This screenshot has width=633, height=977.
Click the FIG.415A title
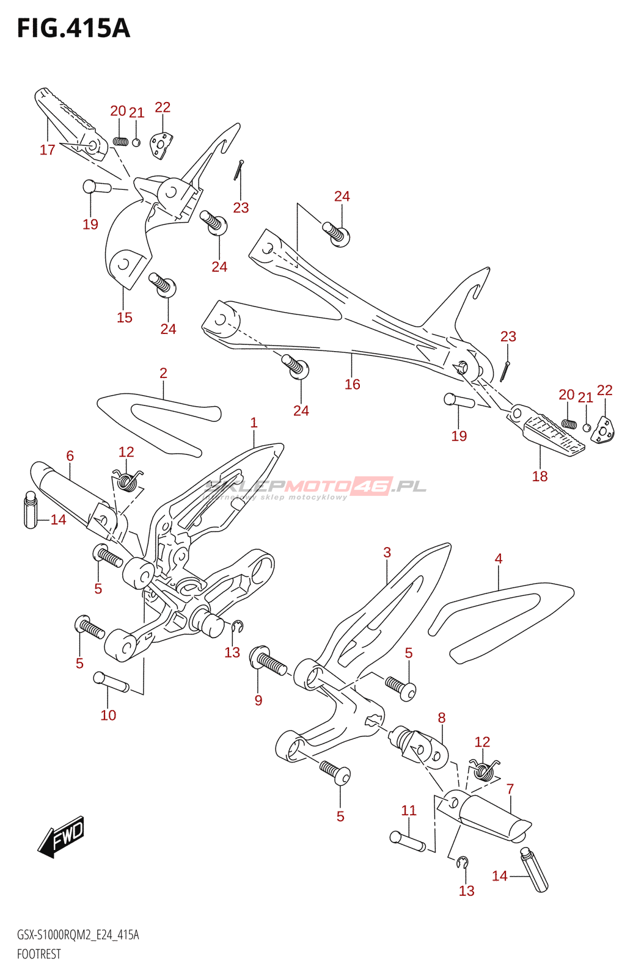point(73,29)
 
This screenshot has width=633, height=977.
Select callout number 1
point(254,423)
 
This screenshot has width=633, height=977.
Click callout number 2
point(163,373)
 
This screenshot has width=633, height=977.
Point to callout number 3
point(387,553)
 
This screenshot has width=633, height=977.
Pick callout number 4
point(499,559)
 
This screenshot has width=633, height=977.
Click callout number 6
point(70,456)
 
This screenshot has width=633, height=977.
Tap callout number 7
point(510,789)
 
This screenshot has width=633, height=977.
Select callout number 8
point(441,718)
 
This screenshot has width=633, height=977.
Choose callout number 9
point(258,700)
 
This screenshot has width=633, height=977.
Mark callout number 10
point(108,715)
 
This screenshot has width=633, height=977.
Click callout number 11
point(409,810)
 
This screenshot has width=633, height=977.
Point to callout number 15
point(125,318)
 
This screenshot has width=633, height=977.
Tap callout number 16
point(353,384)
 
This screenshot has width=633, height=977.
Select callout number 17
point(48,150)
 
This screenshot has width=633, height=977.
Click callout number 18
point(540,476)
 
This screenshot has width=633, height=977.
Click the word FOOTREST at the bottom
point(39,954)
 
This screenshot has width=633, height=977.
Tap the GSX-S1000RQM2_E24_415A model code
point(78,935)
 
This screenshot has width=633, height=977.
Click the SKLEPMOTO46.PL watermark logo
point(315,487)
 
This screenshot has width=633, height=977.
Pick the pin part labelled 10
point(110,681)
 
